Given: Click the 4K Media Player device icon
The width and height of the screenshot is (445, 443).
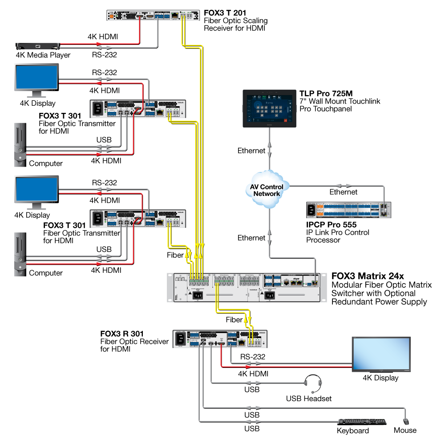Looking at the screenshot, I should pyautogui.click(x=37, y=46).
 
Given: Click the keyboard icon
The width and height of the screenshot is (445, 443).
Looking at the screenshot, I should pyautogui.click(x=362, y=422).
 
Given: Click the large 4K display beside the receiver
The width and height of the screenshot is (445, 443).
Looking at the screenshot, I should pyautogui.click(x=380, y=354).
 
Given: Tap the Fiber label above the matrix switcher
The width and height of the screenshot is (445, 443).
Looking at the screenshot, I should pyautogui.click(x=175, y=255).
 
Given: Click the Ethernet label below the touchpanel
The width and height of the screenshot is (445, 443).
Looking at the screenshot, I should pyautogui.click(x=251, y=151).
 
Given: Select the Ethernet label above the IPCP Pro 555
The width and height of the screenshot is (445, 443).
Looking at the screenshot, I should pyautogui.click(x=343, y=192).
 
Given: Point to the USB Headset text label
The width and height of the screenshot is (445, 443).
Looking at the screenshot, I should pyautogui.click(x=308, y=399).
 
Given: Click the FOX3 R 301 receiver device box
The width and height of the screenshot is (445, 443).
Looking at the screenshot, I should pyautogui.click(x=219, y=339).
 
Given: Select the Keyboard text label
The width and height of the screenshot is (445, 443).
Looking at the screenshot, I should pyautogui.click(x=353, y=431).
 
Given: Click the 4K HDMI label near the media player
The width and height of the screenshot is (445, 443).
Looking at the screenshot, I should pyautogui.click(x=103, y=36).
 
